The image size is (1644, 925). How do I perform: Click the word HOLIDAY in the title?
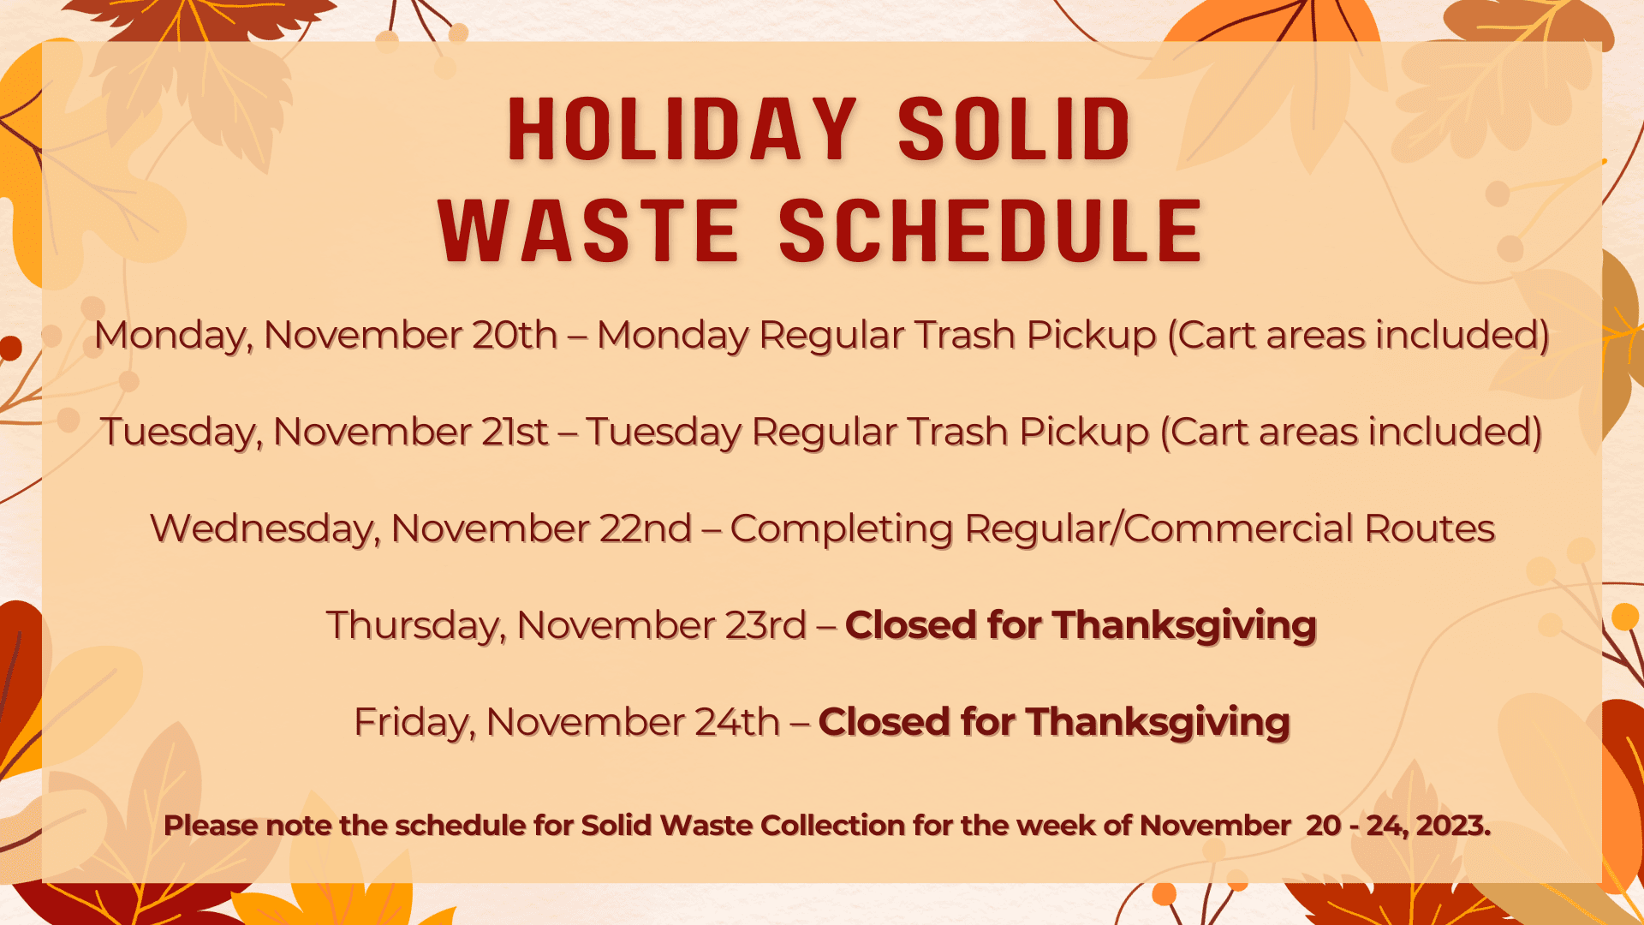(682, 130)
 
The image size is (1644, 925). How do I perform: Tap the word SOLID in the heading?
(1015, 130)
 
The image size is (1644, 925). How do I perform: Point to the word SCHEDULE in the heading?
(992, 231)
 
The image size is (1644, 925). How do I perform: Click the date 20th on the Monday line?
(515, 335)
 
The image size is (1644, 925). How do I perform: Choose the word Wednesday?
(265, 528)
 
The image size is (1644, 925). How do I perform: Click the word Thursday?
(415, 625)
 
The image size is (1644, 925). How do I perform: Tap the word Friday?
(414, 722)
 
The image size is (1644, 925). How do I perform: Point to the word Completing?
(842, 528)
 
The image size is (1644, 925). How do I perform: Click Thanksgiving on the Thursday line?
(1185, 625)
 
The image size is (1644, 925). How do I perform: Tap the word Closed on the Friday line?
(885, 722)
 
